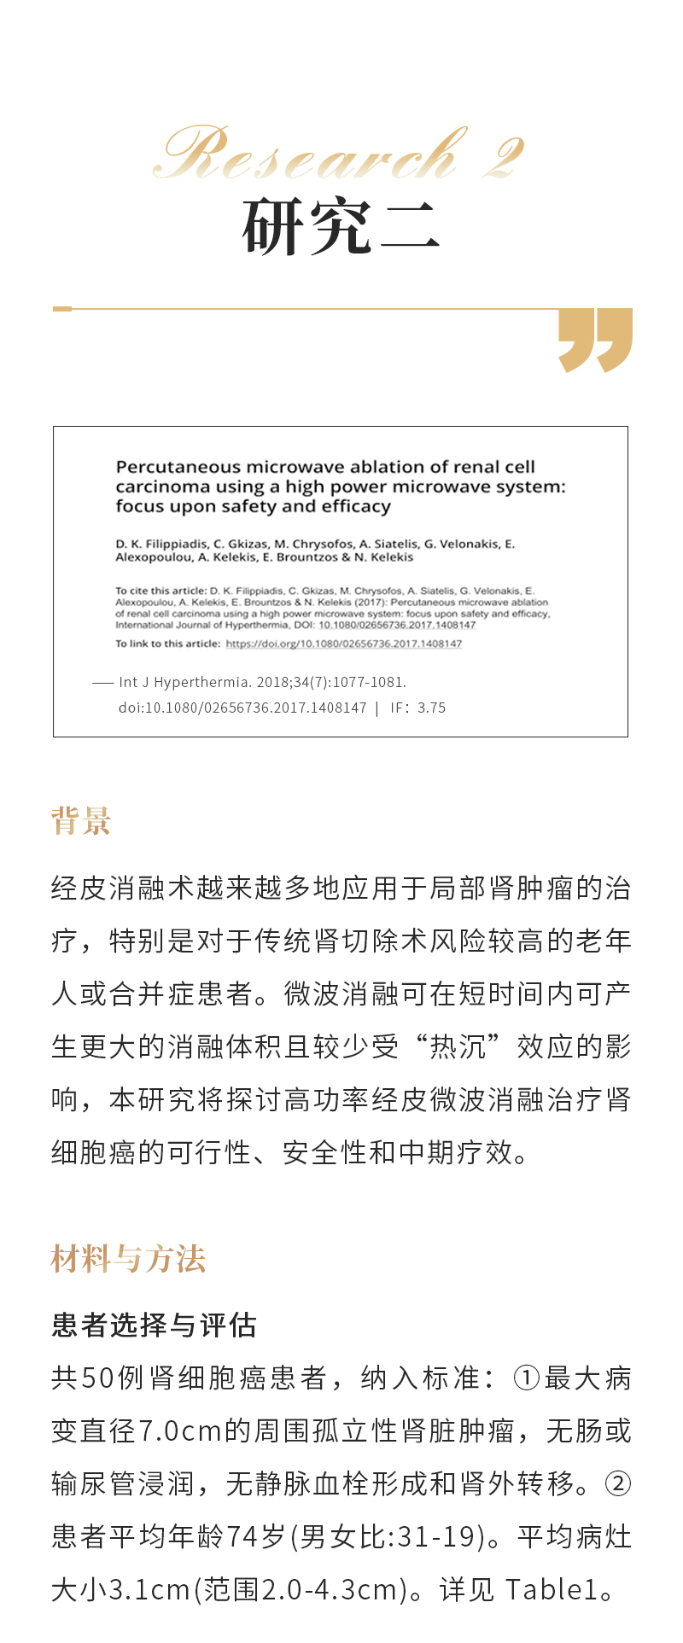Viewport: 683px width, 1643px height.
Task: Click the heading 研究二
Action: pyautogui.click(x=341, y=227)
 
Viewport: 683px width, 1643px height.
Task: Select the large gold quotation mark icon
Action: pyautogui.click(x=595, y=340)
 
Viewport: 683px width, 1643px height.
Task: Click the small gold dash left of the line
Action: pyautogui.click(x=62, y=308)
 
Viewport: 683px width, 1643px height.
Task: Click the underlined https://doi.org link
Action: pyautogui.click(x=343, y=644)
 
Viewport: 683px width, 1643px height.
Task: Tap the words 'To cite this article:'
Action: pyautogui.click(x=161, y=591)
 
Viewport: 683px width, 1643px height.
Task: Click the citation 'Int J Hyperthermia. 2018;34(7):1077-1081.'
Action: pyautogui.click(x=262, y=682)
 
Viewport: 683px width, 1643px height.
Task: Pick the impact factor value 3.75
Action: pyautogui.click(x=431, y=708)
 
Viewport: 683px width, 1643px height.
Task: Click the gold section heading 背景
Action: pyautogui.click(x=81, y=821)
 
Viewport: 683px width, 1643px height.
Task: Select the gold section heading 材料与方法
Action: pyautogui.click(x=128, y=1259)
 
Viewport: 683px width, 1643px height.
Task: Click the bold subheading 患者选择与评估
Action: pyautogui.click(x=154, y=1325)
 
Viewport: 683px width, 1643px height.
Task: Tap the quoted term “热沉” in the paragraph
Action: pyautogui.click(x=458, y=1046)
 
